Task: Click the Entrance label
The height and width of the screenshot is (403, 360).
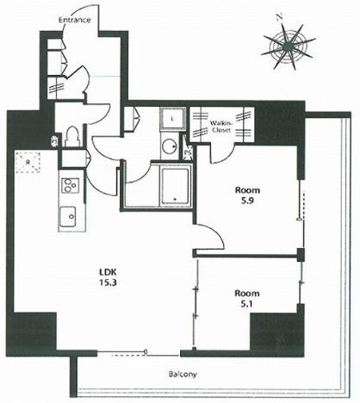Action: pyautogui.click(x=75, y=20)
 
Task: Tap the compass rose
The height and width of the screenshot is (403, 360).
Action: pyautogui.click(x=288, y=46)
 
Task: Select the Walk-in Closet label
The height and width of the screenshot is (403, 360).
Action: pyautogui.click(x=220, y=127)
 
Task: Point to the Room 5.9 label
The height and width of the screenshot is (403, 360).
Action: pyautogui.click(x=247, y=195)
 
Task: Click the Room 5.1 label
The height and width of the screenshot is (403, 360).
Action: pyautogui.click(x=247, y=299)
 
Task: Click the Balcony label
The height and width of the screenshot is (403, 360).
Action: pyautogui.click(x=183, y=375)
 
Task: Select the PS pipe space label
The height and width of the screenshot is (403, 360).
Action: pyautogui.click(x=188, y=152)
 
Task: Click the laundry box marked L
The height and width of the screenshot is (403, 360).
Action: pyautogui.click(x=172, y=119)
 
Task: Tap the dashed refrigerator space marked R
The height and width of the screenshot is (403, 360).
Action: pyautogui.click(x=28, y=162)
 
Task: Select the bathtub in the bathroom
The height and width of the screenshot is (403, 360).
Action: pyautogui.click(x=175, y=186)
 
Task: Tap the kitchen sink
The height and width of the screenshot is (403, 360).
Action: pyautogui.click(x=68, y=215)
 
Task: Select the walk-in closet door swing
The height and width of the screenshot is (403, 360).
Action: pyautogui.click(x=223, y=153)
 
